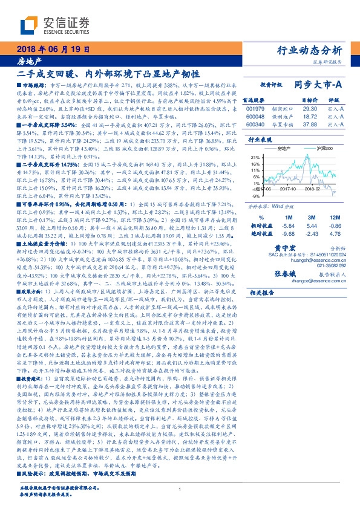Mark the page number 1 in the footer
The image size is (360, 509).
pyautogui.click(x=180, y=490)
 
